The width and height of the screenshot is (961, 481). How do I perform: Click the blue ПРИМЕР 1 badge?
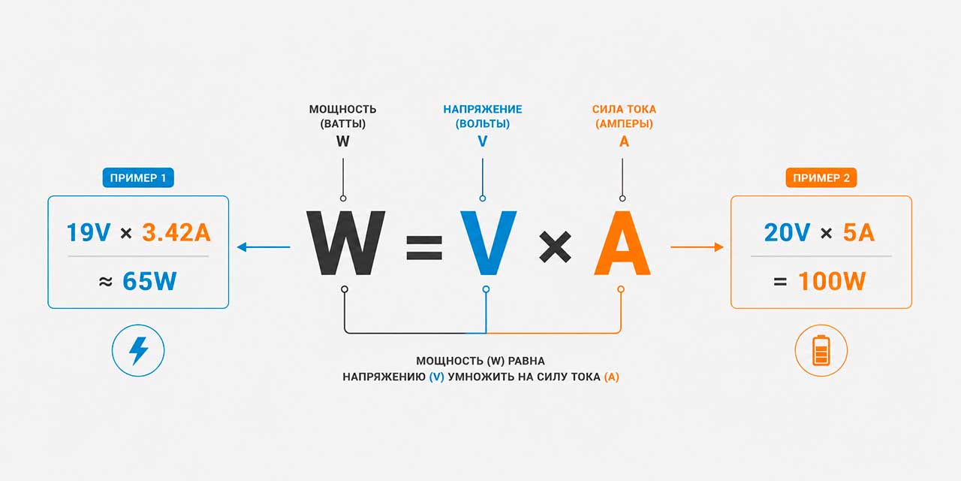(138, 178)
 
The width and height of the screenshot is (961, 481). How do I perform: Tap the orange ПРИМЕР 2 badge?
(821, 178)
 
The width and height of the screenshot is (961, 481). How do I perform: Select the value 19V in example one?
(89, 233)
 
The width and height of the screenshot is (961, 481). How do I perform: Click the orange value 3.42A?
(176, 233)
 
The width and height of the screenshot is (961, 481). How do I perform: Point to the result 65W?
(149, 281)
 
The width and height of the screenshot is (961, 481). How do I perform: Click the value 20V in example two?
(787, 233)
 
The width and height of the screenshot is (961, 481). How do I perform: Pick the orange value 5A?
(858, 233)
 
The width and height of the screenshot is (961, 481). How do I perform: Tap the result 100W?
(832, 281)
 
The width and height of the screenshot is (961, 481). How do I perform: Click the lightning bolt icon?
(139, 350)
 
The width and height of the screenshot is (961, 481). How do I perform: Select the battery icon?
(821, 350)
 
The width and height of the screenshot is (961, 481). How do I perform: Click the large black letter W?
(346, 243)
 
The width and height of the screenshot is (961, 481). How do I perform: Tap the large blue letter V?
(488, 243)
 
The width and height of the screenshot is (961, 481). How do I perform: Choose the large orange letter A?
(622, 243)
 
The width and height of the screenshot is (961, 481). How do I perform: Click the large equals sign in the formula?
(424, 248)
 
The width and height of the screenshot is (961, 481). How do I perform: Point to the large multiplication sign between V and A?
(555, 247)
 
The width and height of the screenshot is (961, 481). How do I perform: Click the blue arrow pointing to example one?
(264, 247)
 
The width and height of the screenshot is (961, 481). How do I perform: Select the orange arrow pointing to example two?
(697, 247)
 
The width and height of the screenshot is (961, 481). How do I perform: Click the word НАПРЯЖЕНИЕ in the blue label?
(483, 110)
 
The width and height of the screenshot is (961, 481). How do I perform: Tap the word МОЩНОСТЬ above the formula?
(343, 110)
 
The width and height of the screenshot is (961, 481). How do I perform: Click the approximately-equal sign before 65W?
(106, 282)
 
